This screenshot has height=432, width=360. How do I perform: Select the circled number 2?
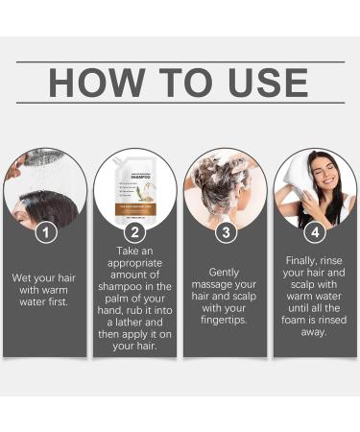coord(135,232)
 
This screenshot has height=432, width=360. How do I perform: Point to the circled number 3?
coord(224,232)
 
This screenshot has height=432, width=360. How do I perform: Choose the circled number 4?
coord(314,232)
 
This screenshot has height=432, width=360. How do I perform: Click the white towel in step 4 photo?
coord(298,178)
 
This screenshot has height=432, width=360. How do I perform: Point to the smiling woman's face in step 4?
coord(321,180)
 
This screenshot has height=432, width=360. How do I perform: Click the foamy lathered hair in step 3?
coord(224,178)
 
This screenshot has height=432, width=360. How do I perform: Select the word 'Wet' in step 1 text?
coord(23,277)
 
